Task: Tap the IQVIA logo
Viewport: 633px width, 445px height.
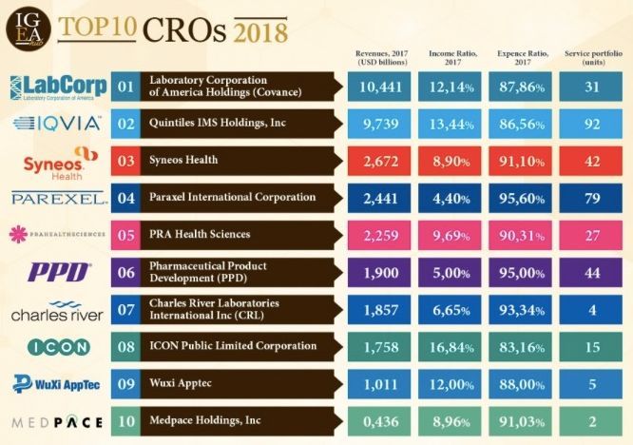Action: click(x=57, y=123)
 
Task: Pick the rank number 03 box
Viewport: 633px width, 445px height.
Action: click(x=125, y=161)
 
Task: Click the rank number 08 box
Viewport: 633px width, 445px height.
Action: click(x=125, y=346)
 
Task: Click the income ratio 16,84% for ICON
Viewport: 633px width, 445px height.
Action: click(x=451, y=346)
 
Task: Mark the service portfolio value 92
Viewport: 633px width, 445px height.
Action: click(x=592, y=124)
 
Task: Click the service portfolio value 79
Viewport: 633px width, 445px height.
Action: click(x=592, y=198)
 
